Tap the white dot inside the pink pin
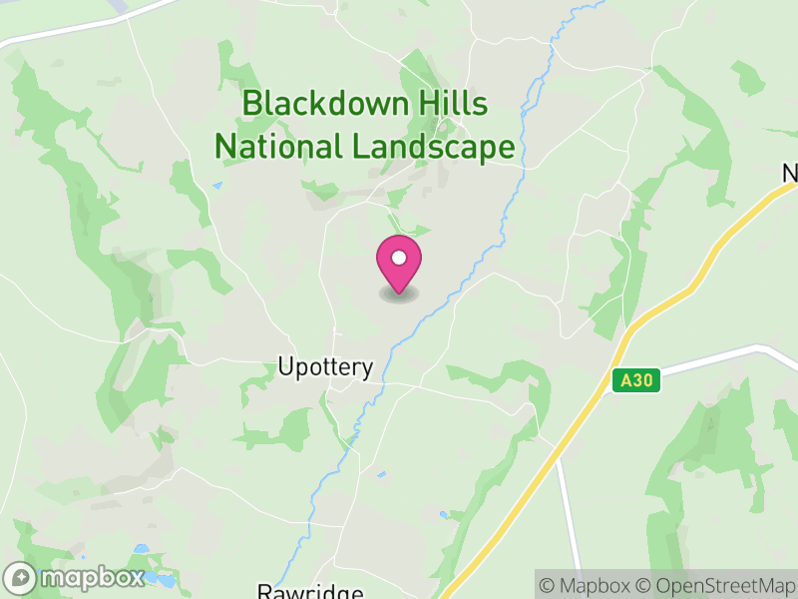(399, 258)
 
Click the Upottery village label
(325, 367)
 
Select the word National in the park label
(278, 148)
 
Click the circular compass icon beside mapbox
(20, 578)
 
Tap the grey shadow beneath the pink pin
(399, 295)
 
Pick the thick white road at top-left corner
(60, 30)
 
